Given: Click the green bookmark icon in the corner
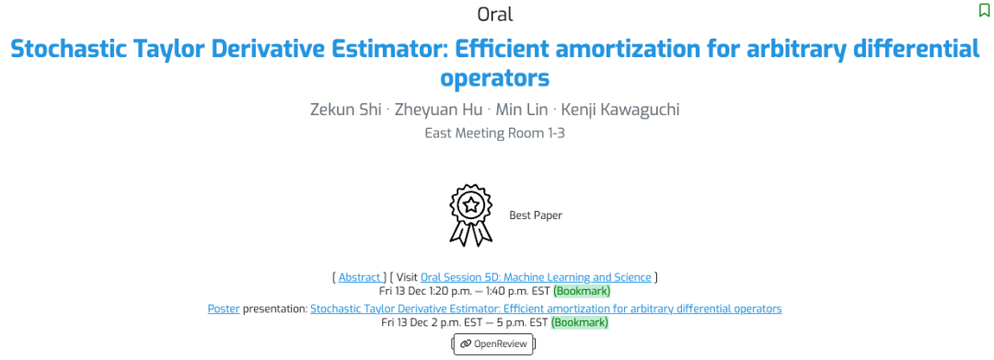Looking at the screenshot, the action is point(984,11).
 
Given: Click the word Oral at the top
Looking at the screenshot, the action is point(496,14).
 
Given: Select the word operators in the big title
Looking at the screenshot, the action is point(494,78).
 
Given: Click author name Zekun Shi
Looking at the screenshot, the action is point(345,109).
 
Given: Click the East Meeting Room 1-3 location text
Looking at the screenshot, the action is point(494,134).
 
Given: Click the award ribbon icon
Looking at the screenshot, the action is point(471,215).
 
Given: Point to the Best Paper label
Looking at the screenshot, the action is point(536,215).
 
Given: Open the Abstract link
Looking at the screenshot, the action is point(360,277).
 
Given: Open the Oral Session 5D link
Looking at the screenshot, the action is point(536,277).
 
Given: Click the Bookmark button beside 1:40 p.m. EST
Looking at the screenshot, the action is point(582,292).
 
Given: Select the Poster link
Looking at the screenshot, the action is point(224,308).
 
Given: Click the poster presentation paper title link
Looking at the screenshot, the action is point(546,308).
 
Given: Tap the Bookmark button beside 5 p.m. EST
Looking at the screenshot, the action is point(580,322).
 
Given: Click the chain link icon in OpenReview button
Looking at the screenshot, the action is point(466,344).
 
